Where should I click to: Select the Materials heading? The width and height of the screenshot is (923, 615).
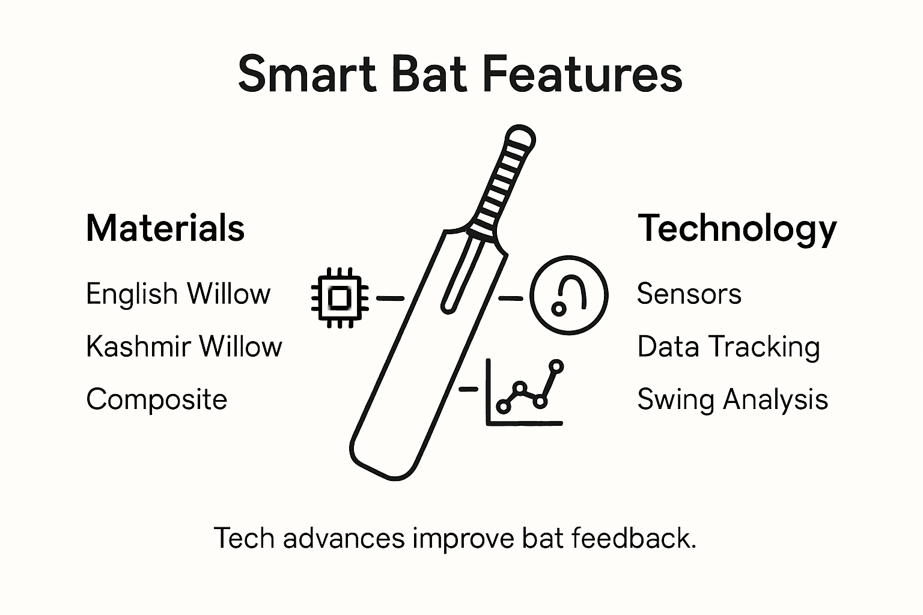coord(165,228)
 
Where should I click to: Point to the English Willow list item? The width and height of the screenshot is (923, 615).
coord(178,294)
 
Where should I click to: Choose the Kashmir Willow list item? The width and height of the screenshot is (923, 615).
coord(184,347)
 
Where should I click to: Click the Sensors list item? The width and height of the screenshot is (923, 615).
coord(689,294)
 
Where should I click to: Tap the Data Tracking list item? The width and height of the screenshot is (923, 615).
coord(728,347)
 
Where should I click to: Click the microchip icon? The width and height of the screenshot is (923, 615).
coord(340,297)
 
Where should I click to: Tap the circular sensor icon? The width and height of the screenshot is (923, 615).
coord(568,295)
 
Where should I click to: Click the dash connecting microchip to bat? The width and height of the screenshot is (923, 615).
coord(390,297)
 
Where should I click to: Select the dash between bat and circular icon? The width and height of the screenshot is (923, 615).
coord(511,297)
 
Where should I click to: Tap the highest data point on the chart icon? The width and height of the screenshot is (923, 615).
coord(557,365)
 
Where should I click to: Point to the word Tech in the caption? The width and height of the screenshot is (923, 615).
coord(245,538)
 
